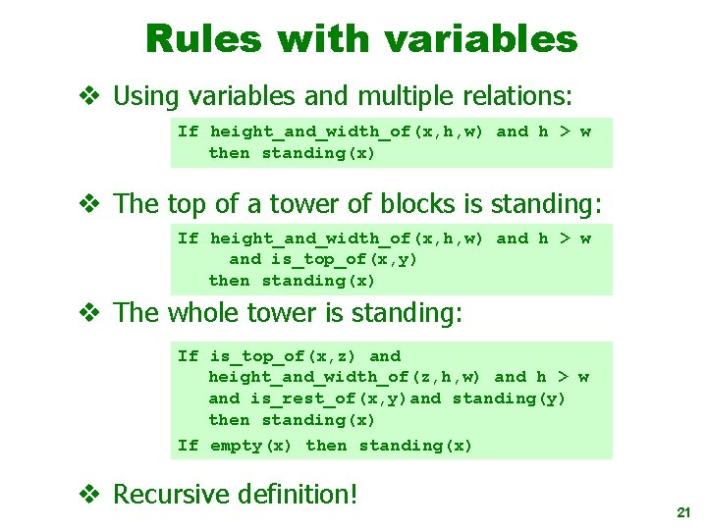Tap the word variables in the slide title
click(480, 39)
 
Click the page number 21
click(683, 513)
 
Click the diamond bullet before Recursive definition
click(90, 494)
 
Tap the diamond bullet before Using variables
click(90, 96)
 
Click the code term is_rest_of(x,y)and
click(346, 398)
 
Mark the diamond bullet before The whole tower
click(90, 313)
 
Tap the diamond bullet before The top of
click(90, 204)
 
